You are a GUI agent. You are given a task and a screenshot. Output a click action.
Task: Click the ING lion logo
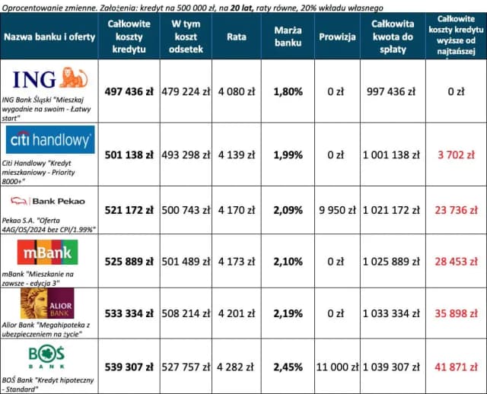tap(50, 78)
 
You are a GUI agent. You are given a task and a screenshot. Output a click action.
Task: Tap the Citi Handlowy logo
tap(50, 141)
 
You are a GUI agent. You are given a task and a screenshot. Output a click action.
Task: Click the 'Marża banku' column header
tap(288, 37)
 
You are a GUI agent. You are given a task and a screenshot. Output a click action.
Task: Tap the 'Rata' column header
tap(237, 37)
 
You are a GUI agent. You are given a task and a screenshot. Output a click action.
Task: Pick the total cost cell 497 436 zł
tap(129, 91)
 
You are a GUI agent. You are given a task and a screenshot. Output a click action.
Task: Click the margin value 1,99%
tap(288, 154)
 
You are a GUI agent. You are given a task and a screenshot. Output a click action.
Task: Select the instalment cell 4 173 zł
tap(237, 262)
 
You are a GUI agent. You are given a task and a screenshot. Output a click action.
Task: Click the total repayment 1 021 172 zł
tap(393, 211)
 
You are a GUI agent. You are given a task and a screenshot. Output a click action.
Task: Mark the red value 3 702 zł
tap(456, 154)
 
